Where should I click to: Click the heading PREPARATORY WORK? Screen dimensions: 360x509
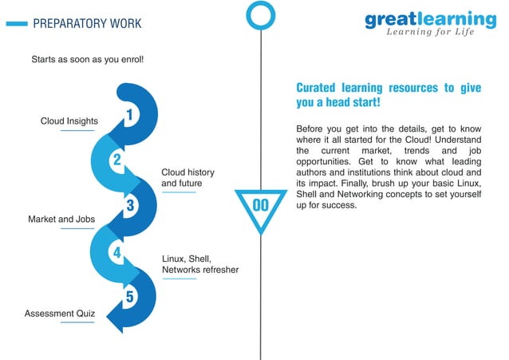[87, 24]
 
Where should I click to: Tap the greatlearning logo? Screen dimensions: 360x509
[430, 18]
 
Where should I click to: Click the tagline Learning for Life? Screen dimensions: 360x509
[430, 33]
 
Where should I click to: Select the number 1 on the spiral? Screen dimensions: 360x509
[129, 117]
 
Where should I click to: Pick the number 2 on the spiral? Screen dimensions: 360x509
[116, 160]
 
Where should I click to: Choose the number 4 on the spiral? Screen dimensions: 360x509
[116, 253]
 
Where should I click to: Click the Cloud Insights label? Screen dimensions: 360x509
[69, 121]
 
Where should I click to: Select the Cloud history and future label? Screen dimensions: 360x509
[187, 178]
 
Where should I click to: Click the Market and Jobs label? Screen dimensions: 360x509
[61, 219]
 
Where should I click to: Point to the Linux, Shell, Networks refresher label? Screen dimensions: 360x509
[199, 264]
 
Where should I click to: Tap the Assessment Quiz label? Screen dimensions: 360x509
[60, 314]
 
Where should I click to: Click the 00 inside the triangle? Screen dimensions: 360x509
[261, 206]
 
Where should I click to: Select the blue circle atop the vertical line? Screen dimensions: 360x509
[260, 14]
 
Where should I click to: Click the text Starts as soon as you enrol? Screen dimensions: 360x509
[88, 60]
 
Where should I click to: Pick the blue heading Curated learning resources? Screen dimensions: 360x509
[389, 96]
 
